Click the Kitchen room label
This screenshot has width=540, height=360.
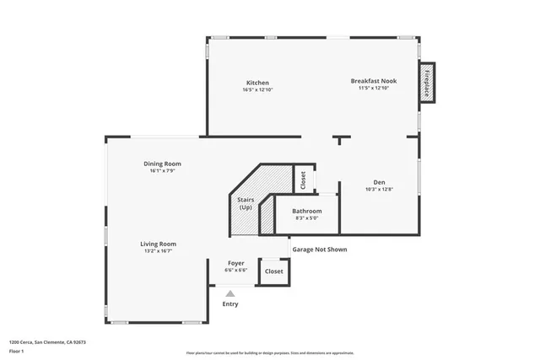point(257,83)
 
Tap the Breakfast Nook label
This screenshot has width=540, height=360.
point(373,81)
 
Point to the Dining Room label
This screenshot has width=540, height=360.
point(162,164)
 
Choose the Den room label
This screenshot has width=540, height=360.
point(379,182)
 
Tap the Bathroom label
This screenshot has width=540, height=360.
point(307,211)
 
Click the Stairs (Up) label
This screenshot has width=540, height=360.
point(246,203)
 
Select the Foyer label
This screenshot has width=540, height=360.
point(235,263)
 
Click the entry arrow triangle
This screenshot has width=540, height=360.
point(229,293)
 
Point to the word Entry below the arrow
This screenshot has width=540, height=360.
point(229,304)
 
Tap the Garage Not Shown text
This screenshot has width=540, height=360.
point(319,250)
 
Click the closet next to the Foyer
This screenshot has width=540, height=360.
point(274,271)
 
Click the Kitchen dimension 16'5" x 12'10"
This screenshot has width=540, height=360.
point(257,89)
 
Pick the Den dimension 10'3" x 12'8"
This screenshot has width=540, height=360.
point(379,189)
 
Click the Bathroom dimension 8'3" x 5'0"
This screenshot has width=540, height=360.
point(307,218)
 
